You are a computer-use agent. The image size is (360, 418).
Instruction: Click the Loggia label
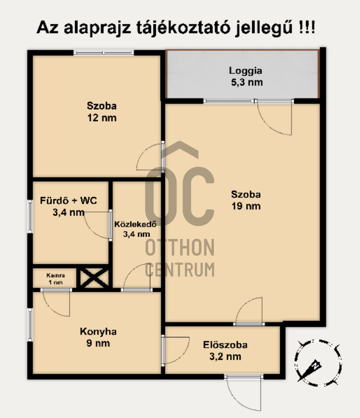(x=245, y=71)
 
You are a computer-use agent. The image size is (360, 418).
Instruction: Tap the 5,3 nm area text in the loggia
(x=247, y=82)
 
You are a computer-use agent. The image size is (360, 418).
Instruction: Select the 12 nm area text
(x=102, y=118)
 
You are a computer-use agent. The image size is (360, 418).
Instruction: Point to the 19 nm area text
(x=246, y=206)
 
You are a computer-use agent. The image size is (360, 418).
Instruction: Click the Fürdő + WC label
(x=68, y=200)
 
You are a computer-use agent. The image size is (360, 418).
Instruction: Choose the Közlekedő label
(x=135, y=224)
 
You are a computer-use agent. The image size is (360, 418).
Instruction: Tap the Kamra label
(x=55, y=275)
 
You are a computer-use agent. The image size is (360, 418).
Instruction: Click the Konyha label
(x=98, y=332)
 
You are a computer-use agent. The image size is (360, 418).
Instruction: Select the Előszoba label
(x=225, y=345)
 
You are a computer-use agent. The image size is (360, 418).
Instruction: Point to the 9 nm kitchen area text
(x=98, y=343)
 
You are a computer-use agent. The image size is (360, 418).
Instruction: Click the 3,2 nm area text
(x=225, y=356)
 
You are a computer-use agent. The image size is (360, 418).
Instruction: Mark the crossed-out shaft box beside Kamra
(x=95, y=278)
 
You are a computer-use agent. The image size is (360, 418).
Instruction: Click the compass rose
(x=318, y=363)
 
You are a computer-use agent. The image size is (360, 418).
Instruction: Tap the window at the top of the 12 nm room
(x=104, y=53)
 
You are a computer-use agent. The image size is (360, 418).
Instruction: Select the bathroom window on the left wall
(x=30, y=217)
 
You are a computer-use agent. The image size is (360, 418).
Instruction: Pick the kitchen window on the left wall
(x=30, y=325)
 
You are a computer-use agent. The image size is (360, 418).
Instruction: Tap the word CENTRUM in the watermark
(x=180, y=270)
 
